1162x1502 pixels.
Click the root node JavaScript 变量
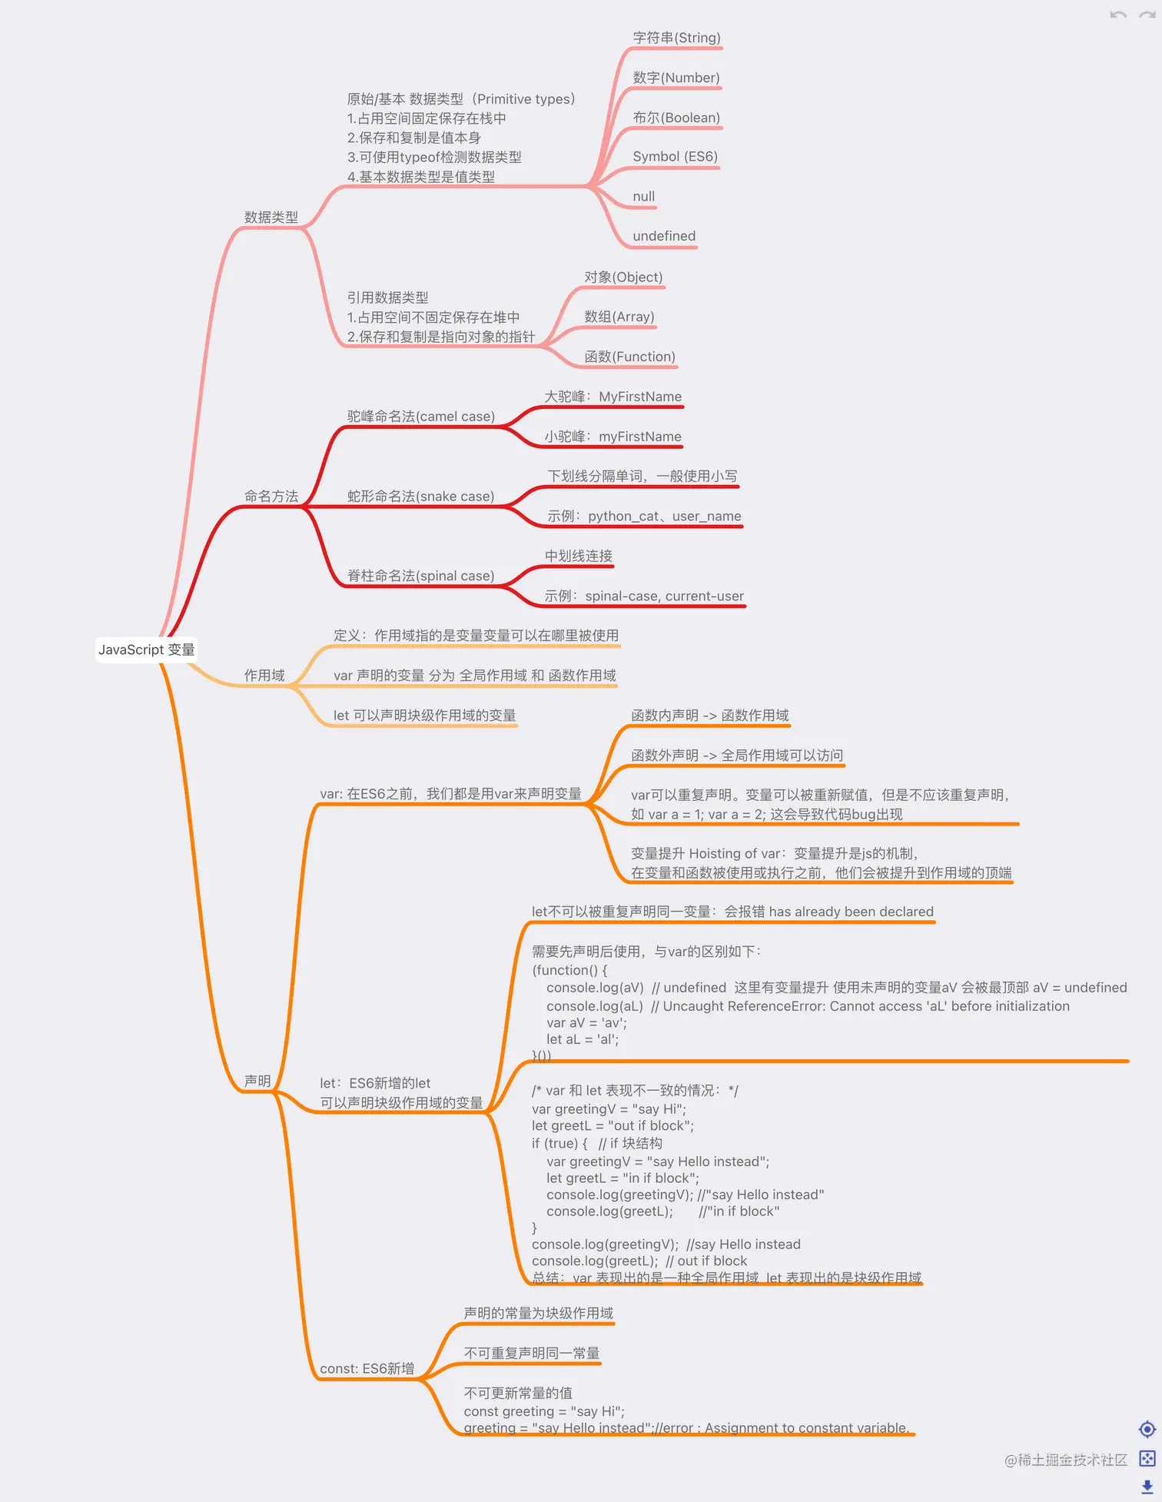pyautogui.click(x=146, y=650)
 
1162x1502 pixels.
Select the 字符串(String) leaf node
pyautogui.click(x=676, y=38)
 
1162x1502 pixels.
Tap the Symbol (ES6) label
pyautogui.click(x=675, y=157)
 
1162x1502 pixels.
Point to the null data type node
pyautogui.click(x=643, y=197)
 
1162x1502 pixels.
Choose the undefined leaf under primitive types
pyautogui.click(x=664, y=236)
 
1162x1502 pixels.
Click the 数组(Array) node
pyautogui.click(x=619, y=317)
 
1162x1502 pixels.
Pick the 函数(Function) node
pyautogui.click(x=629, y=357)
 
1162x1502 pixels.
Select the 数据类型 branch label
pyautogui.click(x=271, y=218)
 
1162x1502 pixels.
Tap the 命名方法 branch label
pyautogui.click(x=271, y=497)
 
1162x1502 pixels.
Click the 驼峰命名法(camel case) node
pyautogui.click(x=420, y=417)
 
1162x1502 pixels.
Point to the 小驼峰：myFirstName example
pyautogui.click(x=613, y=437)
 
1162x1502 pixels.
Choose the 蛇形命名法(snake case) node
pyautogui.click(x=420, y=497)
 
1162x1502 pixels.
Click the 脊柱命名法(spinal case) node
pyautogui.click(x=420, y=576)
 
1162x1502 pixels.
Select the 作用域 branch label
pyautogui.click(x=264, y=676)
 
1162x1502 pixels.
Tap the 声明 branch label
pyautogui.click(x=257, y=1081)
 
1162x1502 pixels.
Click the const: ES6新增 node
pyautogui.click(x=367, y=1369)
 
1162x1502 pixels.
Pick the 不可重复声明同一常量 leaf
pyautogui.click(x=531, y=1353)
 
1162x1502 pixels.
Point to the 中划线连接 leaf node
pyautogui.click(x=578, y=556)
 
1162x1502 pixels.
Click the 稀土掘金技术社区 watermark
pyautogui.click(x=1065, y=1460)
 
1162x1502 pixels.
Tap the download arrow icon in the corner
pyautogui.click(x=1147, y=1487)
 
